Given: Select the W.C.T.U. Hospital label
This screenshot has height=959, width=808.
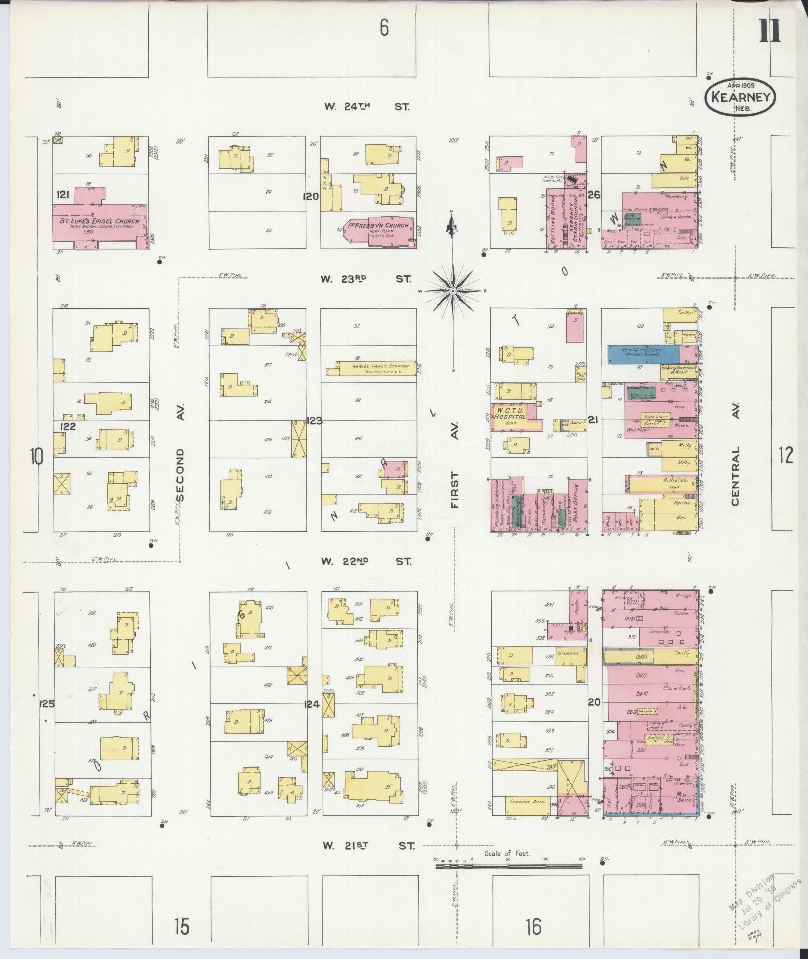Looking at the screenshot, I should point(510,414).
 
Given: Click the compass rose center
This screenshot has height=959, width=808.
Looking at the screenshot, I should point(452,291).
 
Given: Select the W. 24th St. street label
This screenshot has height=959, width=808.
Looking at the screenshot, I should point(366,107).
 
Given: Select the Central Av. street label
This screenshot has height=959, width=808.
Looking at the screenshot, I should point(735,451).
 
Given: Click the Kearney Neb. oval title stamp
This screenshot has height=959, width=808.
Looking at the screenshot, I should point(740,97).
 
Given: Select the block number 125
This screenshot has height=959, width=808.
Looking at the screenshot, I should point(47,704).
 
